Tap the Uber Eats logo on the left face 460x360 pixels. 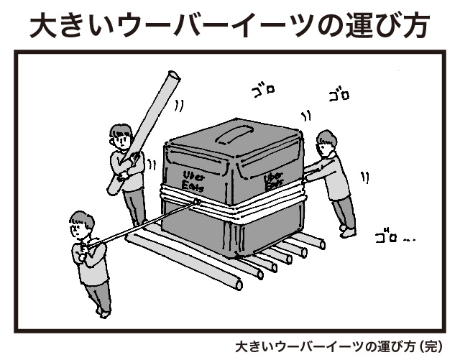coord(193,181)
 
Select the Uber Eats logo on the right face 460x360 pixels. coord(274,180)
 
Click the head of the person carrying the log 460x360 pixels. coord(120,137)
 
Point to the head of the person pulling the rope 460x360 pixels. coord(81,224)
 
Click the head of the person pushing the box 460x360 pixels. coord(326,144)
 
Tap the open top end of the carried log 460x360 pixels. coord(174,76)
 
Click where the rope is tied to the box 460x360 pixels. coord(197,202)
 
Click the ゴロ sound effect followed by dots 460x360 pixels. coord(395,236)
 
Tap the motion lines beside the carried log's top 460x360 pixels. coord(180,106)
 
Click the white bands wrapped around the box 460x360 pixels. coord(231,202)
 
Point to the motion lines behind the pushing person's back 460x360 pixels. coord(365,177)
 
